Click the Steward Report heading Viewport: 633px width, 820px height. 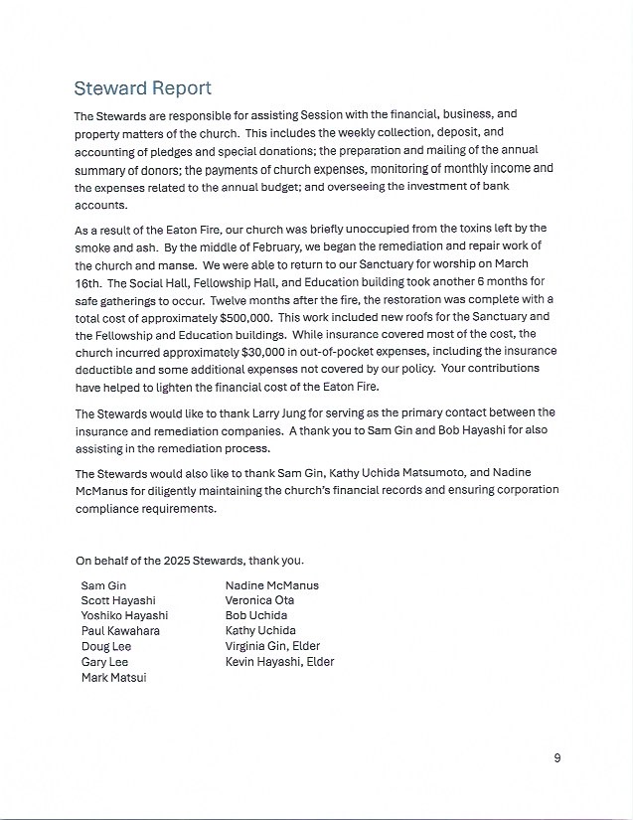pyautogui.click(x=143, y=88)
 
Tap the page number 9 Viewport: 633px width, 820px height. pyautogui.click(x=557, y=758)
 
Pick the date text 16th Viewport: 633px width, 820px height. pyautogui.click(x=89, y=281)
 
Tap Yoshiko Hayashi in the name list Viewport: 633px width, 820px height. pyautogui.click(x=124, y=615)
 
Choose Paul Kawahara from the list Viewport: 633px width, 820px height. pyautogui.click(x=120, y=631)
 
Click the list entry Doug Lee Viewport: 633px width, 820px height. pyautogui.click(x=106, y=646)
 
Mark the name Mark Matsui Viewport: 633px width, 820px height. pyautogui.click(x=114, y=677)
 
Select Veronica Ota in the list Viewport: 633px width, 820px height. pyautogui.click(x=259, y=600)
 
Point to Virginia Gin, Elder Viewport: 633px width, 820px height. pyautogui.click(x=272, y=646)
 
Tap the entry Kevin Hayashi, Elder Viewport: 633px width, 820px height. pyautogui.click(x=279, y=662)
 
